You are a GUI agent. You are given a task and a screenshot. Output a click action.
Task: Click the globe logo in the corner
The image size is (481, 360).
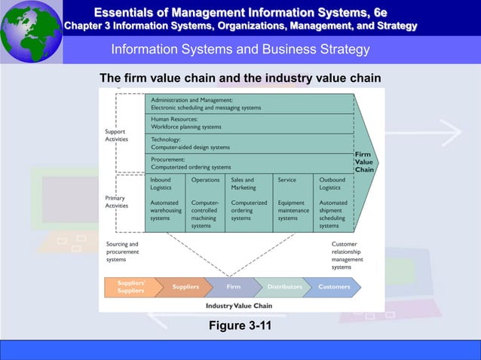tap(31, 31)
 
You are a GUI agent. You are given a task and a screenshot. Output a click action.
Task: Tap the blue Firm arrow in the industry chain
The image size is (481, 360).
tap(233, 287)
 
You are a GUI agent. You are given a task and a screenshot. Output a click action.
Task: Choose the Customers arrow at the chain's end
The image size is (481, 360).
tap(335, 287)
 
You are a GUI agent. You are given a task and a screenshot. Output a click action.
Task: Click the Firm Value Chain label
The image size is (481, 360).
tap(364, 162)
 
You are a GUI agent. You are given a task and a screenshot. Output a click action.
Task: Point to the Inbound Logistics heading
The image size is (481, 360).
tap(161, 184)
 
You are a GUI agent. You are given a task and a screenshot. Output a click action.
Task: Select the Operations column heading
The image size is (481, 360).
tap(206, 180)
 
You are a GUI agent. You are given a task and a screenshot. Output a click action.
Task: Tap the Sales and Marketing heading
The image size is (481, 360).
tap(244, 184)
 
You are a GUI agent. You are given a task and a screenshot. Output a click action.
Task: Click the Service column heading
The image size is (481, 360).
tap(286, 180)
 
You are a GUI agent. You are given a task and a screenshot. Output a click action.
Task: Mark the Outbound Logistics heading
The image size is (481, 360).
tap(332, 184)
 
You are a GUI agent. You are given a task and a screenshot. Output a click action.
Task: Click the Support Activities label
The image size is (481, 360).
tap(115, 135)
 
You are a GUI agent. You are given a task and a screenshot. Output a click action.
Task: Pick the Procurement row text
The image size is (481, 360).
tap(191, 163)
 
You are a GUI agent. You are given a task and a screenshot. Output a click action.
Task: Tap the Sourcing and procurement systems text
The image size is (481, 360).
tap(122, 252)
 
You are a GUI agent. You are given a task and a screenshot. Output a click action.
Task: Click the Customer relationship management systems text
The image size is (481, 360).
tap(347, 255)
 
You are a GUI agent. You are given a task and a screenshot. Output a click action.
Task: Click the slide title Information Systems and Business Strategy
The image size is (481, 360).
tap(240, 50)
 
